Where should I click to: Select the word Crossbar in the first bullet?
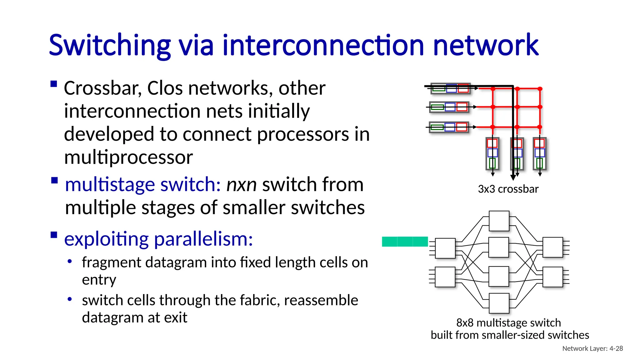coord(102,88)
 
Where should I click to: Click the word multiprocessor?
coord(128,157)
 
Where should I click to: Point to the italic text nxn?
coord(241,184)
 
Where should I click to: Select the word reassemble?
coord(321,300)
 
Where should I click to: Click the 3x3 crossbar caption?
coord(508,189)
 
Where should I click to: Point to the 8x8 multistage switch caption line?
coord(508,322)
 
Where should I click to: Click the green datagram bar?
coord(405,242)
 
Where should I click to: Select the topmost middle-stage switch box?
coord(499,221)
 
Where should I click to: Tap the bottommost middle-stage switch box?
coord(499,303)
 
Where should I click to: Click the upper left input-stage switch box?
coord(445,248)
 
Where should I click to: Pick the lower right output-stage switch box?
coord(552,277)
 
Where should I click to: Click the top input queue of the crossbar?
coord(450,88)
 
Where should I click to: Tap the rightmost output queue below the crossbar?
coord(539,153)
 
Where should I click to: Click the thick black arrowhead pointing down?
coord(513,177)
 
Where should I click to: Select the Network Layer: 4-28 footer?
coord(592,348)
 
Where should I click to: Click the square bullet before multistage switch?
coord(54,180)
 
